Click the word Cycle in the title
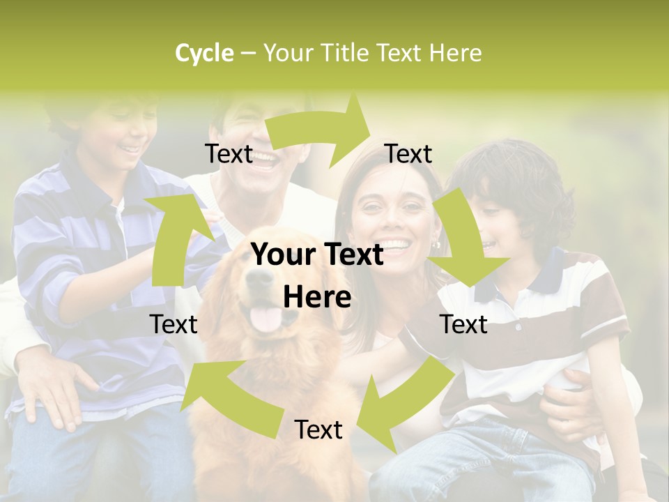tap(204, 53)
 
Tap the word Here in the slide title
tap(455, 53)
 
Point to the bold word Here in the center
tap(317, 297)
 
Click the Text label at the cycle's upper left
tap(229, 154)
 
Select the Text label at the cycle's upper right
tap(408, 154)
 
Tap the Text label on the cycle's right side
tap(463, 325)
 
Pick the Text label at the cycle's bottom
tap(318, 430)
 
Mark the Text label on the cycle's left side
tap(174, 325)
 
